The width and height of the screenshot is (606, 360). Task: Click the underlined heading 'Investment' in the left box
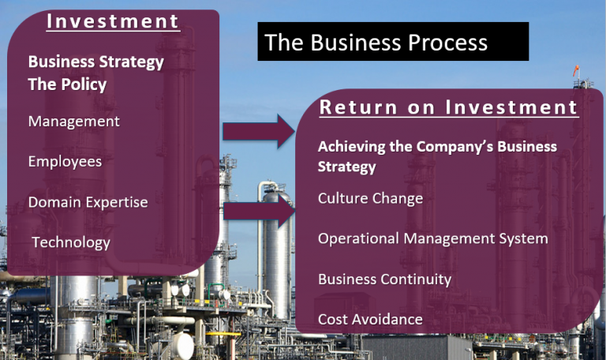(113, 21)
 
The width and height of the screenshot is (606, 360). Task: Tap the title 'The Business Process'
(376, 42)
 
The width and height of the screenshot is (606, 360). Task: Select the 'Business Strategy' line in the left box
(95, 62)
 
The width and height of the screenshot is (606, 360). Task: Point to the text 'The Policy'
(67, 84)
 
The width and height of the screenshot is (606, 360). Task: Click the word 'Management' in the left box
(74, 122)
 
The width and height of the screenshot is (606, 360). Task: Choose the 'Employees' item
(65, 162)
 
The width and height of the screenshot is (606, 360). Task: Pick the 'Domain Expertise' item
(88, 202)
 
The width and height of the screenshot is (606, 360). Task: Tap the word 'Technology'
(71, 242)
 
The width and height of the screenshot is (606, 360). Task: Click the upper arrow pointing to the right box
(259, 132)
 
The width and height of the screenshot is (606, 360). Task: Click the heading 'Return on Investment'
(448, 107)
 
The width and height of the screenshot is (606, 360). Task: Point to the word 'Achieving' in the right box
(352, 147)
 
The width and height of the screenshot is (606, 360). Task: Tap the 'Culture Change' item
(370, 198)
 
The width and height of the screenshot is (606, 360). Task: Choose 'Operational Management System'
(433, 238)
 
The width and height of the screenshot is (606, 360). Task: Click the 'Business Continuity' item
(384, 279)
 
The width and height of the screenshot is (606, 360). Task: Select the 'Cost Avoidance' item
(370, 320)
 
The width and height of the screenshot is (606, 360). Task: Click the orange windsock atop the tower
(576, 71)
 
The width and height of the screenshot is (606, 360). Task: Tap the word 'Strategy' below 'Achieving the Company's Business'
(346, 167)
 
